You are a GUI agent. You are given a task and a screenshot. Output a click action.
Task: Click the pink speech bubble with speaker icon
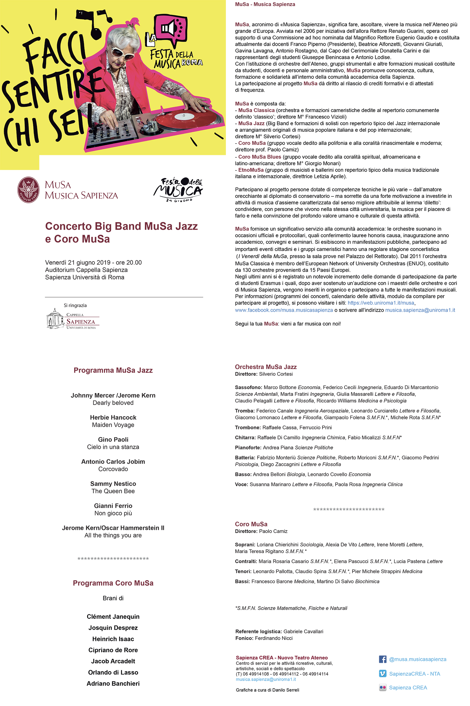pos(171,28)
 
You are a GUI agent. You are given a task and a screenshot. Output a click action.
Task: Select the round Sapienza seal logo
pos(29,190)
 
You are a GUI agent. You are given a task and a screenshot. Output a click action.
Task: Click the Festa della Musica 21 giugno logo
pos(178,190)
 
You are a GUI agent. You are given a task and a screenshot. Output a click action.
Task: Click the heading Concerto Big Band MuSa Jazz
pos(121,226)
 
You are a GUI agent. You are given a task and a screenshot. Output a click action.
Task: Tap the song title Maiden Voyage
pos(113,425)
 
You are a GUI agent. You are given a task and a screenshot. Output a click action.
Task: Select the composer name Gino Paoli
pos(113,439)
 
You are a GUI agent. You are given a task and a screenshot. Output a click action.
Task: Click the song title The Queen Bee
pos(113,491)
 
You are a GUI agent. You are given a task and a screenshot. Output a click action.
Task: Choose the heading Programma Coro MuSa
pos(113,583)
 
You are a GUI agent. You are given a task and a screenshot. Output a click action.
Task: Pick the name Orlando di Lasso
pos(113,672)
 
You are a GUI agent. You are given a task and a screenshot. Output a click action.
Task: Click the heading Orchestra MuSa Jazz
pos(266,367)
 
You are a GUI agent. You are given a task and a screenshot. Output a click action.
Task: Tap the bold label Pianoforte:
pos(248,448)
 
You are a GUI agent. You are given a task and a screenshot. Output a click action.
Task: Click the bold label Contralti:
pos(246,561)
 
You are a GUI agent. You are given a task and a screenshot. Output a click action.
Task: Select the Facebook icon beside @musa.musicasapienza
pos(383,659)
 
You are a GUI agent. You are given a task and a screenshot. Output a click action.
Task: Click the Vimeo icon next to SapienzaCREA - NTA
pos(383,673)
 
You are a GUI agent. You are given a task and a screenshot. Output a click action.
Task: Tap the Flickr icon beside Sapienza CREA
pos(383,688)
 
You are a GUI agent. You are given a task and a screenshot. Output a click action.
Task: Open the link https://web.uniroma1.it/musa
pos(381,303)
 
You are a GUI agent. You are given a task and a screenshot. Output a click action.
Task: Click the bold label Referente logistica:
pos(258,632)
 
